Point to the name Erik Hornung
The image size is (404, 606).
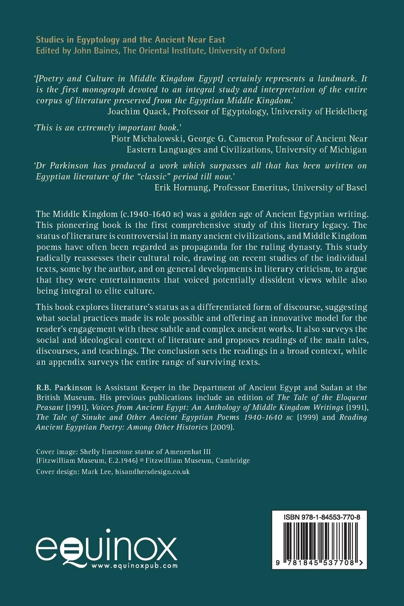point(179,187)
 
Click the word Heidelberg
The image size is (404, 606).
point(345,111)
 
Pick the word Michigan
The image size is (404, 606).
point(350,150)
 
